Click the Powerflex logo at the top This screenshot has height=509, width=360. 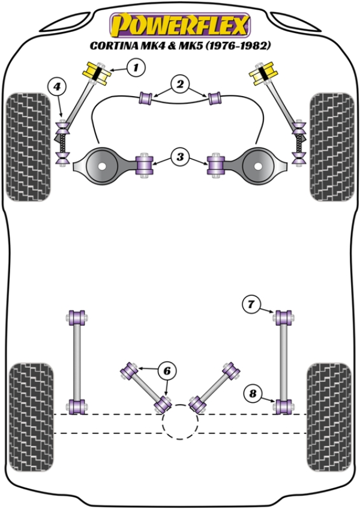178,25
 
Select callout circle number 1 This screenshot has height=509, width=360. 136,68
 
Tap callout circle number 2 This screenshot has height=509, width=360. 179,85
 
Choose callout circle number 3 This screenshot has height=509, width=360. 179,158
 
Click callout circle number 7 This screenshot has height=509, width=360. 253,306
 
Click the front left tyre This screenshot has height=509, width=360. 28,147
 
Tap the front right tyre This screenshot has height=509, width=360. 331,147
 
